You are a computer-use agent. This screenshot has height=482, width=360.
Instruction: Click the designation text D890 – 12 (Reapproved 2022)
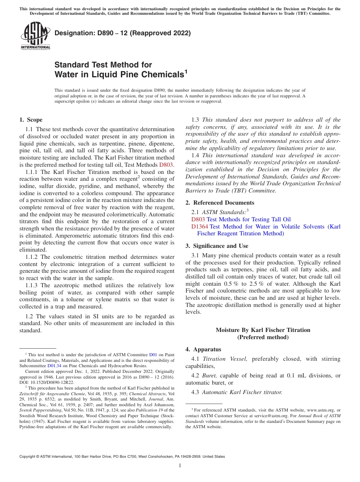coord(122,33)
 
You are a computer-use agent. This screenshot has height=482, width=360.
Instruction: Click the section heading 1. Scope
coord(31,120)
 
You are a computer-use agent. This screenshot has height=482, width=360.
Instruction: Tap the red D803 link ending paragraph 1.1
coord(166,165)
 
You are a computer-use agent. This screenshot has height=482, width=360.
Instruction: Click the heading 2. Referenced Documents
coord(220,203)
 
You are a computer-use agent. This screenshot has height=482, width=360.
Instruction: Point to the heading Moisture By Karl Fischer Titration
coord(263,330)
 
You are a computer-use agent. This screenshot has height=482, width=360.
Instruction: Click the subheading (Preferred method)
coord(263,337)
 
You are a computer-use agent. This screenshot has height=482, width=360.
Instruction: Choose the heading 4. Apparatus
coord(203,349)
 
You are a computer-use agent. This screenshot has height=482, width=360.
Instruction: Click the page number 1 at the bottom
coord(180,465)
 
